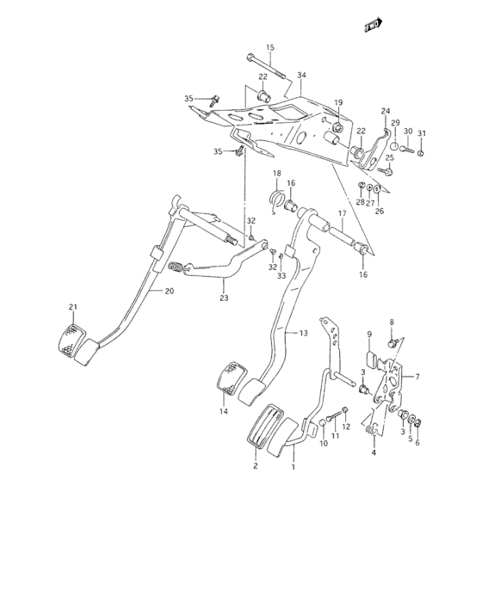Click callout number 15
[269, 47]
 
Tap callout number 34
[301, 76]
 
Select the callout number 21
[73, 307]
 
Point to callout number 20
[169, 291]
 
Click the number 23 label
[223, 298]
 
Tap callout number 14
[223, 412]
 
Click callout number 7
[417, 377]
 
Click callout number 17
[342, 214]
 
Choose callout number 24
[385, 111]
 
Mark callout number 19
[338, 102]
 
